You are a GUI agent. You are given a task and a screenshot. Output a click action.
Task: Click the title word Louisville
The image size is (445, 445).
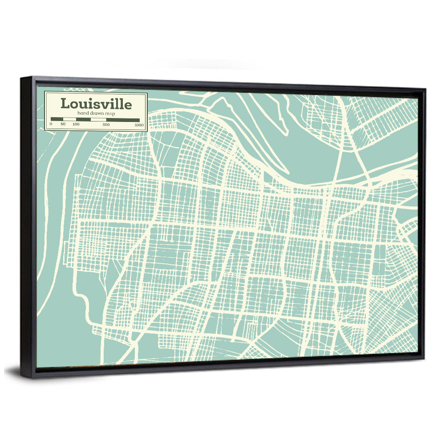point(96,104)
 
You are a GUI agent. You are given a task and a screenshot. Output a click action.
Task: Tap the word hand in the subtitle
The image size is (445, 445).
point(82,114)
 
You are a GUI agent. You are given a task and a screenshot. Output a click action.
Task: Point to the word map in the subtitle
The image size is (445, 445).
point(109,114)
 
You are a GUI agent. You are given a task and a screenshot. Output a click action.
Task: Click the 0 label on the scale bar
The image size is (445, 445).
point(51,124)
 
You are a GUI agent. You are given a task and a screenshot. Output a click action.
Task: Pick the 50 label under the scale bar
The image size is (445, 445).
point(63,124)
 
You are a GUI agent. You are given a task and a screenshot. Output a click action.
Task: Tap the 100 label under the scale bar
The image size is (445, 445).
point(76,124)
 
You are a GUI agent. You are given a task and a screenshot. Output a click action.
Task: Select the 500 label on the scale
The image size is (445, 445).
point(106,124)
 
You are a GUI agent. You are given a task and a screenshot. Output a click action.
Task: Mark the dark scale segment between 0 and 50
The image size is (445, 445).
point(57,119)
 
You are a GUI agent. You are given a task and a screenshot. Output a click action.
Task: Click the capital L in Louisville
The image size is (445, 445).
point(65,104)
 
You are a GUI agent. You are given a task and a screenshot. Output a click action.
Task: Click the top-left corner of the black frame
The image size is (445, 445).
point(21,78)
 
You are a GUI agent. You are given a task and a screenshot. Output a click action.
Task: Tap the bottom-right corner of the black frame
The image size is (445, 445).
point(424,359)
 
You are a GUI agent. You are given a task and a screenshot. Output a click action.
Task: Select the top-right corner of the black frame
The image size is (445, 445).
point(425,89)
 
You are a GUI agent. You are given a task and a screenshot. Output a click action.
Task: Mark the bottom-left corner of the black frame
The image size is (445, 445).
point(22,377)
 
